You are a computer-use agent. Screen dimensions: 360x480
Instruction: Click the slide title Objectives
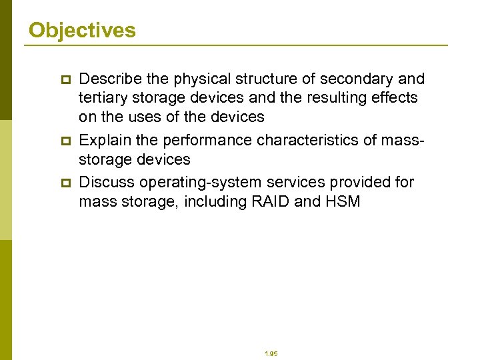click(x=82, y=31)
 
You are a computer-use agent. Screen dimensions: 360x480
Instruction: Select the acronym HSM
click(x=343, y=201)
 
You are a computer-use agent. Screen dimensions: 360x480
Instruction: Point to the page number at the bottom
click(x=271, y=354)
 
